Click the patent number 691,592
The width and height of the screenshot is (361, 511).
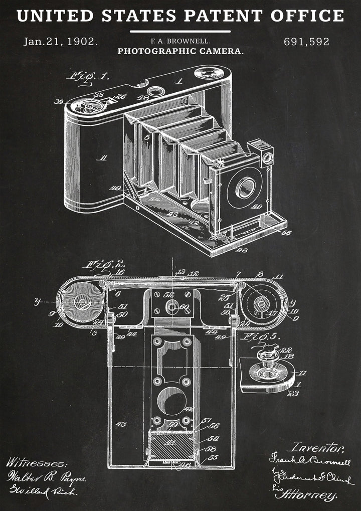pos(306,42)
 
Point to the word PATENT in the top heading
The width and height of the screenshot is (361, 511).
pos(224,16)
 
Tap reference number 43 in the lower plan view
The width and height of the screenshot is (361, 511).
pos(120,424)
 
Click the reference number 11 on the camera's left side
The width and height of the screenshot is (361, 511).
pos(103,158)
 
